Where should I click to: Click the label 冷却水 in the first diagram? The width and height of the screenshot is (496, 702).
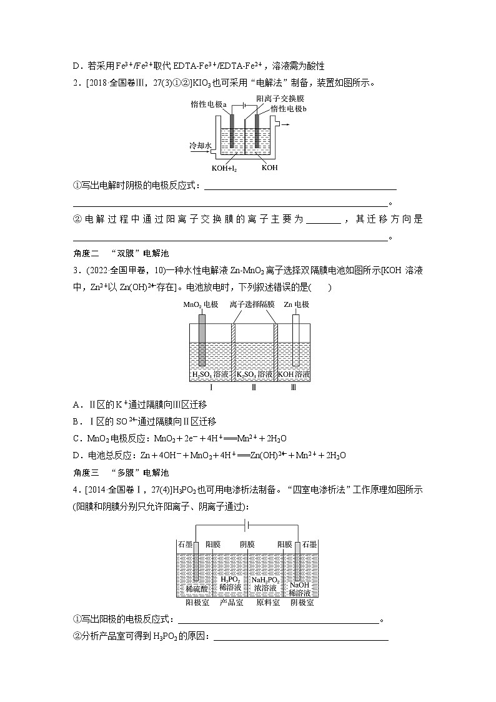(x=201, y=145)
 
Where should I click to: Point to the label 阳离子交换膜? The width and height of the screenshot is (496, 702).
(x=275, y=99)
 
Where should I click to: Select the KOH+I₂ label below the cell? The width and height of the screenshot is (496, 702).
(x=224, y=168)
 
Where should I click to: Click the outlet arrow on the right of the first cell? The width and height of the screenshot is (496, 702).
(x=284, y=124)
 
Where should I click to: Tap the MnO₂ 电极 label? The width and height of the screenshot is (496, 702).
(x=201, y=304)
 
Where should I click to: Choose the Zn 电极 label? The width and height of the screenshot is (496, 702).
(x=296, y=304)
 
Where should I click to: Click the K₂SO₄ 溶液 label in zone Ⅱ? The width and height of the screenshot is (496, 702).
(x=254, y=374)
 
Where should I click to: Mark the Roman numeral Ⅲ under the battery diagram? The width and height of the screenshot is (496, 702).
(x=294, y=388)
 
